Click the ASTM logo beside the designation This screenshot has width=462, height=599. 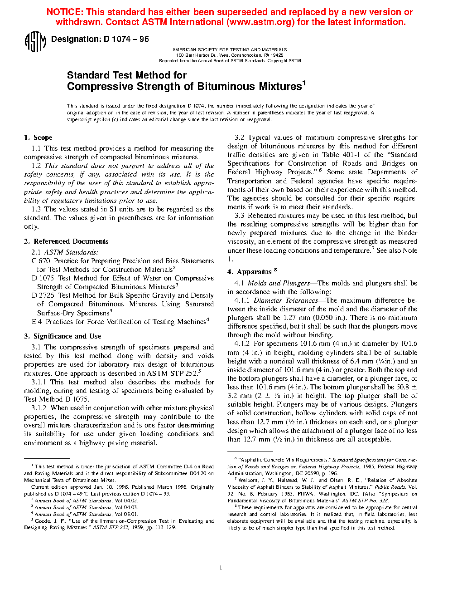[x=35, y=41]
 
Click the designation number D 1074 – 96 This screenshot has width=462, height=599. [x=126, y=39]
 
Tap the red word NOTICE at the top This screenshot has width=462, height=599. [x=64, y=12]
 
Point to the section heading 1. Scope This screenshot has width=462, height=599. [x=38, y=137]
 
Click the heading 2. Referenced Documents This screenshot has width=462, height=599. [x=66, y=241]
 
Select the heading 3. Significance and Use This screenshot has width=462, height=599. [x=63, y=336]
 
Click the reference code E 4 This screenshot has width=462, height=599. [x=37, y=322]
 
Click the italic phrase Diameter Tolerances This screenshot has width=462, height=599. [x=286, y=300]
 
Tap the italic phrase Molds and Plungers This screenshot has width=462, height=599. [x=279, y=283]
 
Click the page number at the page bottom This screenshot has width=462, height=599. [x=221, y=568]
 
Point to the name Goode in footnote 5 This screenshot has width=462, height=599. [x=43, y=521]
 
